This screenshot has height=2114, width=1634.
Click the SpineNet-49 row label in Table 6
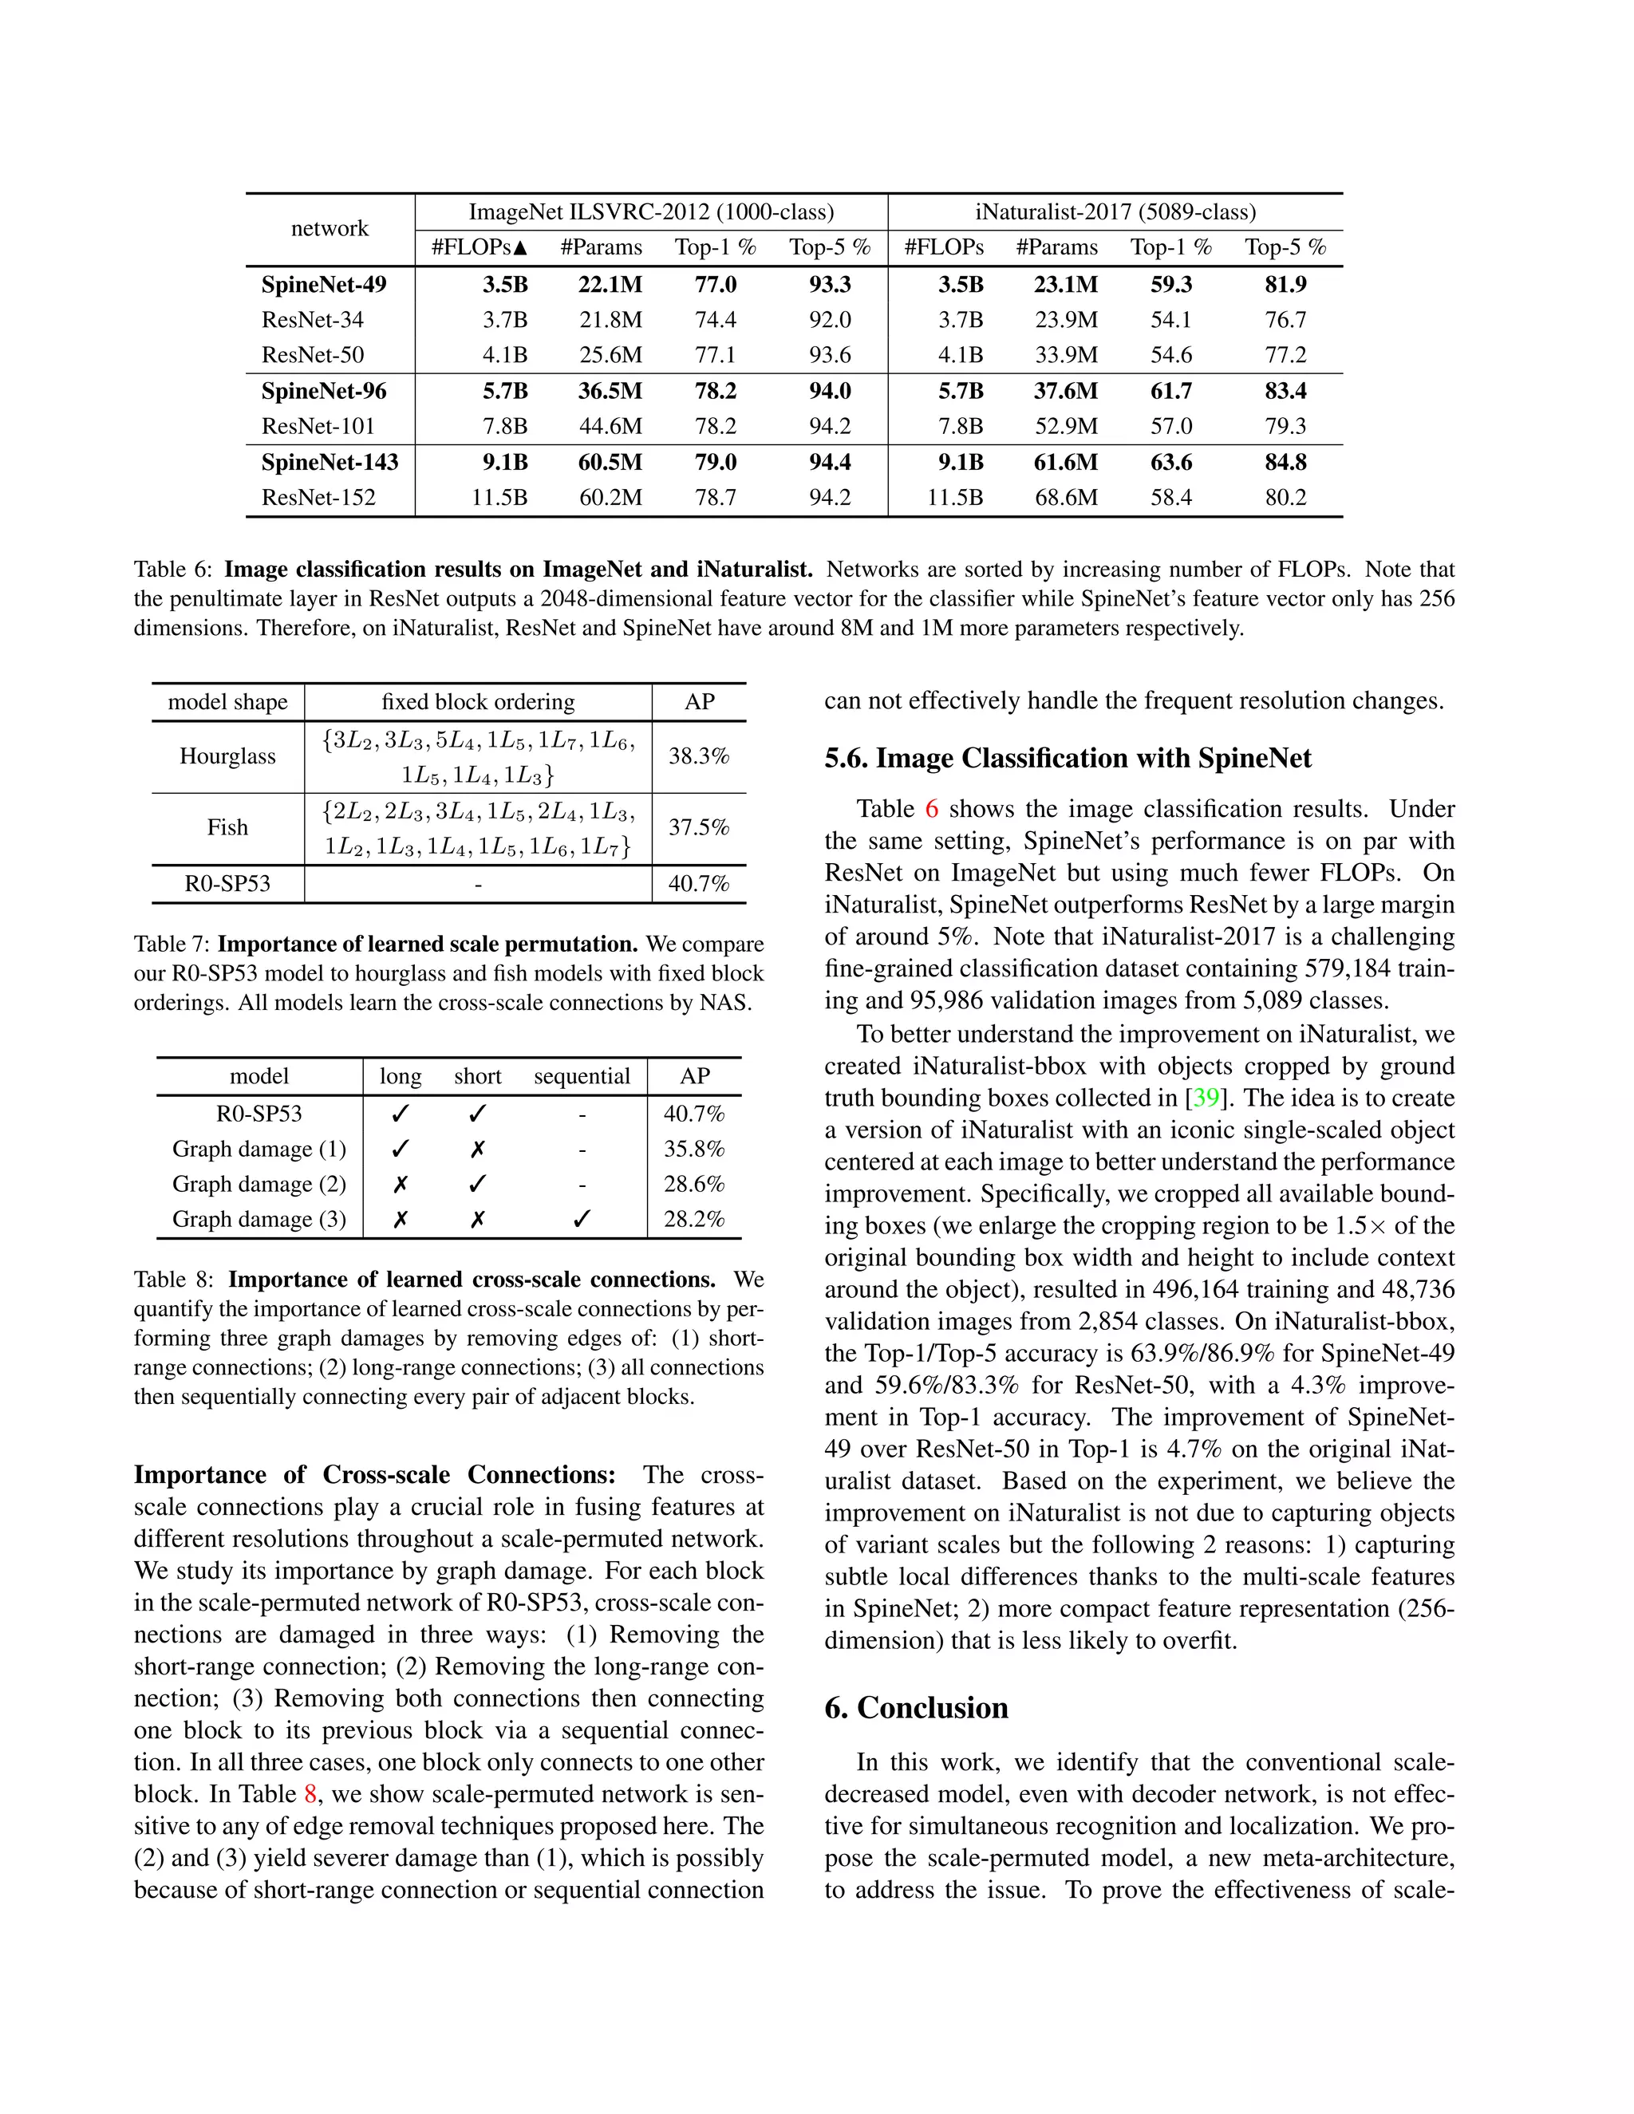323,285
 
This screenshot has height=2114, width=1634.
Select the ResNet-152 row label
318,498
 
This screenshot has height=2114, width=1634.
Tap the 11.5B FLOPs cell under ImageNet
499,498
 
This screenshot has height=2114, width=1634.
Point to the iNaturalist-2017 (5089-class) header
1115,212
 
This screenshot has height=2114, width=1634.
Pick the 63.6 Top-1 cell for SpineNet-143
1170,462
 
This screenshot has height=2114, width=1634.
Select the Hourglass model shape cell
227,756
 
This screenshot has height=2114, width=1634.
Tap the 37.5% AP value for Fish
698,827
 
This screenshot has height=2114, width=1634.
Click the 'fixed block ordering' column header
477,702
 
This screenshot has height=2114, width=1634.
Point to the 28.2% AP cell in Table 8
693,1219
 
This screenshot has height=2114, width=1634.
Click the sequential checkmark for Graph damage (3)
581,1220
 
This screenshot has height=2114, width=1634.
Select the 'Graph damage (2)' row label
259,1184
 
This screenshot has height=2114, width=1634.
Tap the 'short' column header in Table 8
477,1076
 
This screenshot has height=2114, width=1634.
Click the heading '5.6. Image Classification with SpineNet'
1068,758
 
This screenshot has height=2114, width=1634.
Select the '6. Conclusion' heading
916,1707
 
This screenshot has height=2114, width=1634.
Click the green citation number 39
1206,1098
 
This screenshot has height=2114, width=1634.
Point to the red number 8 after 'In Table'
310,1793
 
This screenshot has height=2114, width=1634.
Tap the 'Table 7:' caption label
172,944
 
